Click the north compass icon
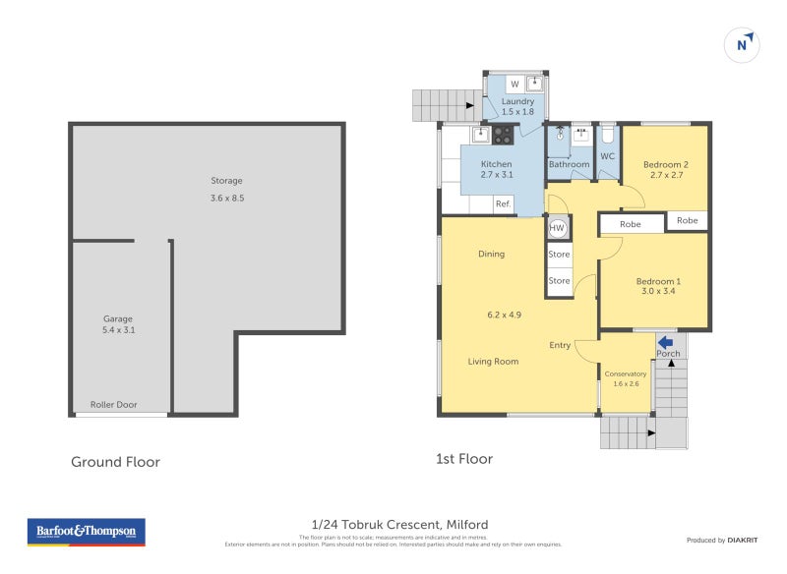(x=745, y=44)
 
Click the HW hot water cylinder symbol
(x=557, y=228)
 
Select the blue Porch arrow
(x=665, y=341)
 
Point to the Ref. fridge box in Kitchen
(x=503, y=204)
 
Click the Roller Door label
(x=114, y=404)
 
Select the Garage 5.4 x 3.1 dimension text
(x=118, y=331)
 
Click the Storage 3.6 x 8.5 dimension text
(x=226, y=198)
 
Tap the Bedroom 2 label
(x=666, y=164)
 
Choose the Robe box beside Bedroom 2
(x=687, y=220)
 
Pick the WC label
(x=607, y=156)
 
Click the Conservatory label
(x=626, y=373)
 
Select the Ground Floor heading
(x=115, y=461)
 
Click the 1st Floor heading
(x=464, y=459)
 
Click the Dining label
(x=491, y=254)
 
